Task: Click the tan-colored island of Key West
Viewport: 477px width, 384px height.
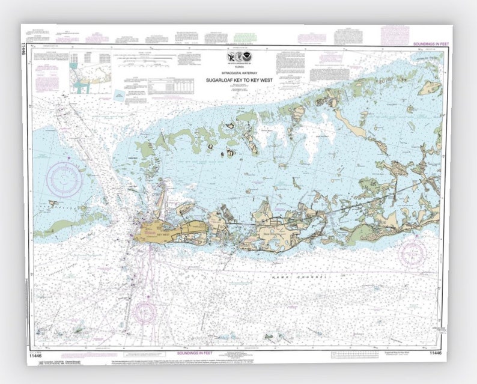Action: pyautogui.click(x=153, y=230)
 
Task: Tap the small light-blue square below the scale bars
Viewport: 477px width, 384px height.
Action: pyautogui.click(x=119, y=95)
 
